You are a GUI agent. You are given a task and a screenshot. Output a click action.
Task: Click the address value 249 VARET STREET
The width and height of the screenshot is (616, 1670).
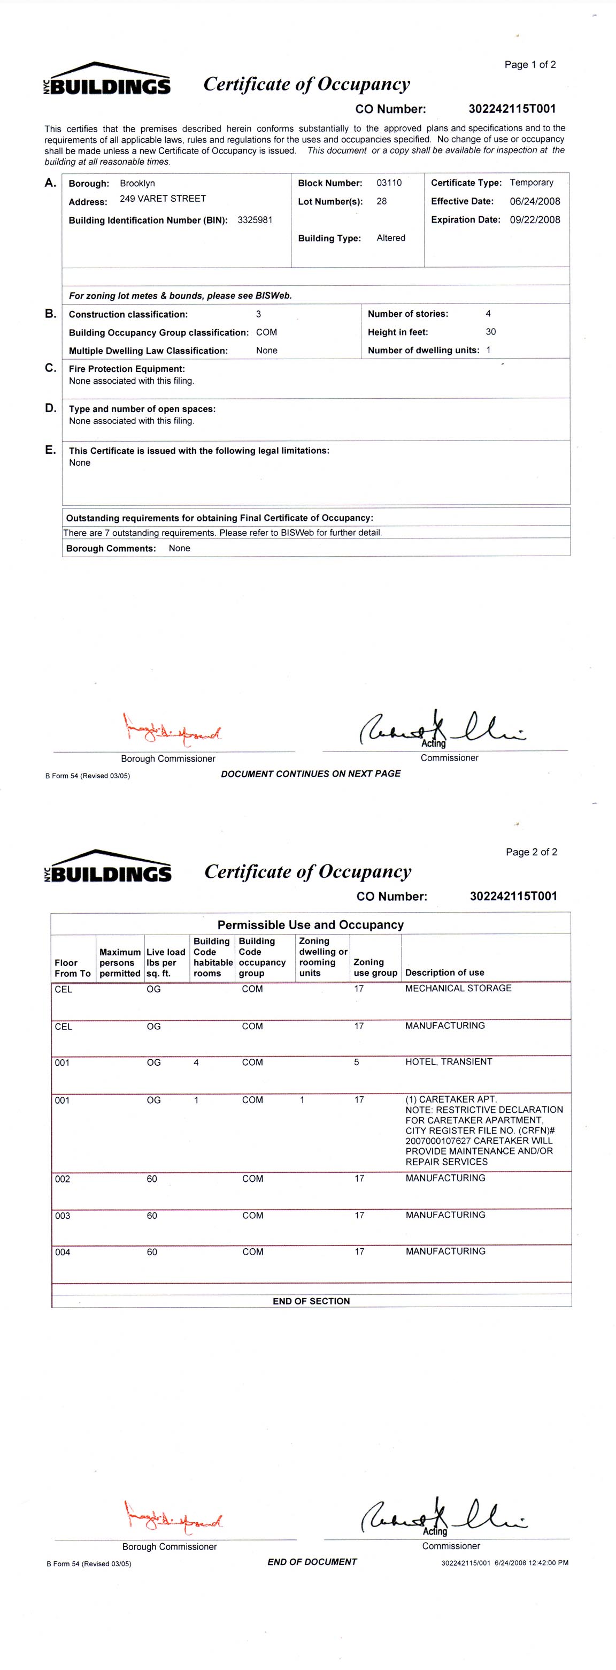163,199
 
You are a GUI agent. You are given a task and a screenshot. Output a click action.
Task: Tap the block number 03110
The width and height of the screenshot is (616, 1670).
389,183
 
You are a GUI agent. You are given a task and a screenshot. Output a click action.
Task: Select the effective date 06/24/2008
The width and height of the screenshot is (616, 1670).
534,201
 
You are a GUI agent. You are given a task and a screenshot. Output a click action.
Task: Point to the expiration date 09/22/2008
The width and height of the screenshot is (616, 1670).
534,220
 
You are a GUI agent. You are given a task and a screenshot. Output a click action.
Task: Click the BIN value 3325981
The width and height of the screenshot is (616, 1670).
255,220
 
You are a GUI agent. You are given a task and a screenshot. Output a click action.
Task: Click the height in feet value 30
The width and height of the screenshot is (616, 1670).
490,331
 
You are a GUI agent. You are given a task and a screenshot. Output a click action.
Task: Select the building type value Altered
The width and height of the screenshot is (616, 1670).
390,238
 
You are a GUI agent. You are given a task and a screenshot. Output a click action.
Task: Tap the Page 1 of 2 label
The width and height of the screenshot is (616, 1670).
530,65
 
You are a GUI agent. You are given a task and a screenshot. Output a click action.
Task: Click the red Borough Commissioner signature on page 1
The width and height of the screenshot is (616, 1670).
172,731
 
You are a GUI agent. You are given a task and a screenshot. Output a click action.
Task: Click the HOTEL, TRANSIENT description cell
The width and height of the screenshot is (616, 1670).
448,1061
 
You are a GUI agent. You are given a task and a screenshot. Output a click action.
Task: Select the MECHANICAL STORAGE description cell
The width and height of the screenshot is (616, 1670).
458,988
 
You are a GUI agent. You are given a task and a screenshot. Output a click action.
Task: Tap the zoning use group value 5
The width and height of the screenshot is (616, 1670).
356,1062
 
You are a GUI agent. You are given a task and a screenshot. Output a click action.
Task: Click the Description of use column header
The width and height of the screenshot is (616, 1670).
444,973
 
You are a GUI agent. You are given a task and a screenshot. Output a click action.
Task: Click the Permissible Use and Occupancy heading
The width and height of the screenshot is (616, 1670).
310,924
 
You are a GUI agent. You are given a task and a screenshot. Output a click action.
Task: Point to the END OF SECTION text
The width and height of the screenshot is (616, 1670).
311,1301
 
